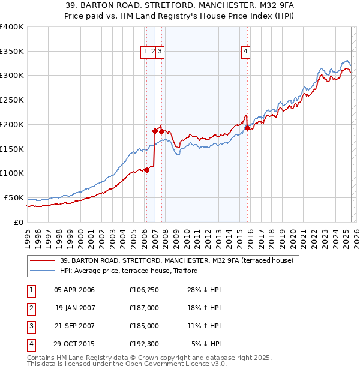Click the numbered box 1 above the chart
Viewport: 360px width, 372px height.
coord(145,52)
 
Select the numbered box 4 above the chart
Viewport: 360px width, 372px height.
coord(246,52)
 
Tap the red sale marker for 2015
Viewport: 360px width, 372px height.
coord(248,127)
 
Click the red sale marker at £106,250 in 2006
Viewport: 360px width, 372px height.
coord(146,170)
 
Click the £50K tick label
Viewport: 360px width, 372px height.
coord(14,197)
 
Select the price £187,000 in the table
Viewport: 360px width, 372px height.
coord(144,308)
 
